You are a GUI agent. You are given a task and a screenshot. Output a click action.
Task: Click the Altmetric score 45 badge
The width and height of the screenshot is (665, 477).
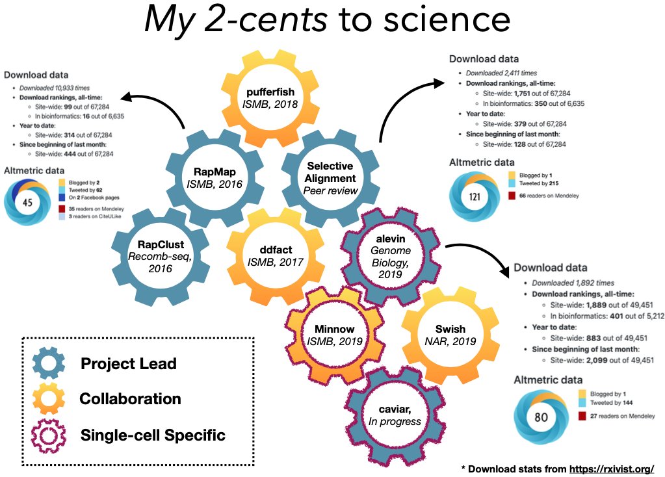click(x=29, y=202)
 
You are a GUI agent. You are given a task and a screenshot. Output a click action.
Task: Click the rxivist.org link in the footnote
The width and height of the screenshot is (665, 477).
click(x=611, y=468)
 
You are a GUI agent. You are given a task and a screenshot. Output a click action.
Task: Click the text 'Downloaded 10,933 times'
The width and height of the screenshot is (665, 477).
click(x=54, y=88)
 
